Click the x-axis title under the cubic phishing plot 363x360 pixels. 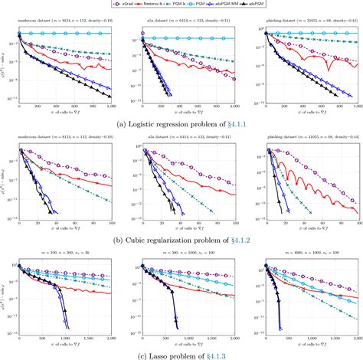pos(310,221)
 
